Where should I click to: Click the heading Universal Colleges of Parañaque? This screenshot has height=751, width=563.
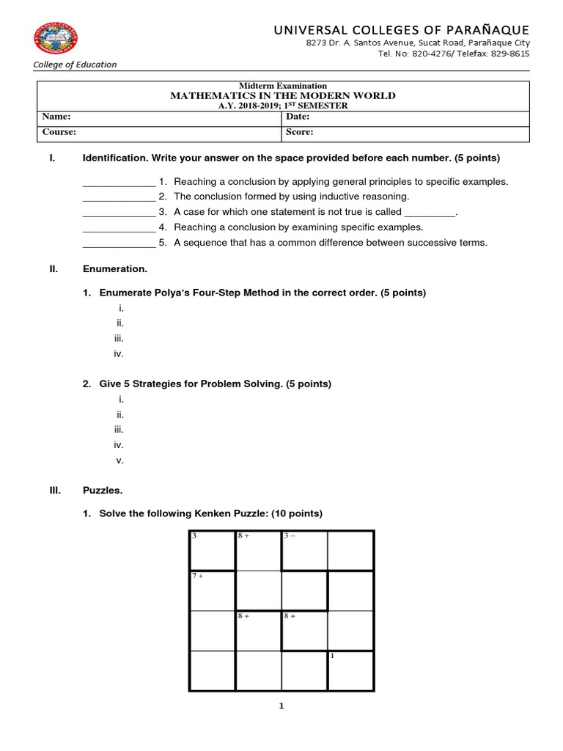(x=401, y=29)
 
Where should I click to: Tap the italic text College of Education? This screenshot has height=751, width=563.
(x=75, y=65)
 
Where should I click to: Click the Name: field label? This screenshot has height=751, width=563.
(x=56, y=117)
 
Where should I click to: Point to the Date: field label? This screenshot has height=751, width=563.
(x=298, y=117)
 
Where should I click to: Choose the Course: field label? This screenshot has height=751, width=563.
(x=59, y=133)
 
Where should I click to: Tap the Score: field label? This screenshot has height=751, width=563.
(x=300, y=133)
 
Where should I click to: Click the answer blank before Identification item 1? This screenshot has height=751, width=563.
(x=119, y=182)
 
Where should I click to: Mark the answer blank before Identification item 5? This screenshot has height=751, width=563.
(x=119, y=243)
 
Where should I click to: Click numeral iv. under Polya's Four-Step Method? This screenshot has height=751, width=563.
(x=119, y=353)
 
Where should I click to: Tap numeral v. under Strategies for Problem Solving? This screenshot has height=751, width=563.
(x=119, y=461)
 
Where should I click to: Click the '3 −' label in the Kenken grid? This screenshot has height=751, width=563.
(x=290, y=536)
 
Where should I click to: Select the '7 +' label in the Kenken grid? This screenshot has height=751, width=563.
(x=197, y=576)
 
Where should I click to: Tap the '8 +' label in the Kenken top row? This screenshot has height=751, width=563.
(x=243, y=536)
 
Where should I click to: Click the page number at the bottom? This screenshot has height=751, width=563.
(x=281, y=706)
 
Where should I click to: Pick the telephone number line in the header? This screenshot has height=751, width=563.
(x=453, y=54)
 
